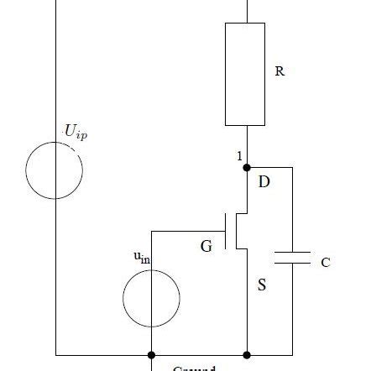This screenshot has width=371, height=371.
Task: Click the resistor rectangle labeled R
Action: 245,73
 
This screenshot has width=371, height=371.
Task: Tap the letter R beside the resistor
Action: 280,72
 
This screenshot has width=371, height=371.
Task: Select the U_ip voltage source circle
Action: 55,170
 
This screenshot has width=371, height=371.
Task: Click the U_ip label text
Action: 75,132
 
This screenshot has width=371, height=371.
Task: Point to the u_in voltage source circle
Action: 151,297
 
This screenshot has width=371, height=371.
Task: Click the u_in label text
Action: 142,259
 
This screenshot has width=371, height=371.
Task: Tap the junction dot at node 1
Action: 246,167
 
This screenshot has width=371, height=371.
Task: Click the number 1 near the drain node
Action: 239,156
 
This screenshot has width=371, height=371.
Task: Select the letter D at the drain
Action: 264,181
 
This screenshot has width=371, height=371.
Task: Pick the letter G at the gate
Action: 206,247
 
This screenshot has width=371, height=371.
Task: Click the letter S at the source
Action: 262,285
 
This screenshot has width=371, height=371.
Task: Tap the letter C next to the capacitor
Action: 325,263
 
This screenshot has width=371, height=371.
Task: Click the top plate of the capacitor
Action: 293,251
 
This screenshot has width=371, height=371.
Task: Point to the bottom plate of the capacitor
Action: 293,262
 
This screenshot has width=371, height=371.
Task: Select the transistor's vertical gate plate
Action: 227,231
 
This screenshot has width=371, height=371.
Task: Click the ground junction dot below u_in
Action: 151,355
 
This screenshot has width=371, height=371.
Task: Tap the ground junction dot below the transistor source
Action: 246,355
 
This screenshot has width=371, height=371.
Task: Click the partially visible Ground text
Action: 194,368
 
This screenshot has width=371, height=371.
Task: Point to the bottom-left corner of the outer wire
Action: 55,355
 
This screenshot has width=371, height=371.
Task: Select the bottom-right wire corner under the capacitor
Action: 293,355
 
